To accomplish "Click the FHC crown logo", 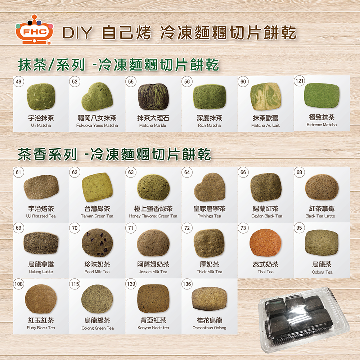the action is coord(35,30).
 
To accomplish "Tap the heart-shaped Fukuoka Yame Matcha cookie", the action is coord(97,96).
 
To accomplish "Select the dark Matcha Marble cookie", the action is coord(153,96).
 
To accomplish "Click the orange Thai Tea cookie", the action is coord(265,242).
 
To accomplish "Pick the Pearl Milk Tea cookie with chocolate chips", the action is coord(97,242).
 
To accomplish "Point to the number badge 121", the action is coord(300,81).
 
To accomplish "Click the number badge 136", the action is coord(187,284).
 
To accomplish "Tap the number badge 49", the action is coord(19,81).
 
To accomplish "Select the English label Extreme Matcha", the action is coord(321,125).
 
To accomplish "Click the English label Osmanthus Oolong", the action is coord(210,328).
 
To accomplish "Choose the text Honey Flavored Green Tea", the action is coord(153,216).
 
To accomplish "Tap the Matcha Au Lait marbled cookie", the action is coord(266,96).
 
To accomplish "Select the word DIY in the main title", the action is coord(77,33).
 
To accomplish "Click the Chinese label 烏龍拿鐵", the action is coord(41,264).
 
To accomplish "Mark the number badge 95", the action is coord(299,228).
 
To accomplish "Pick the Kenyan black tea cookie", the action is coord(153,298).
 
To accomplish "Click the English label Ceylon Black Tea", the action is coord(267,216).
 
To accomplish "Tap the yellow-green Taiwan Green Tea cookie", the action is coord(97,187).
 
